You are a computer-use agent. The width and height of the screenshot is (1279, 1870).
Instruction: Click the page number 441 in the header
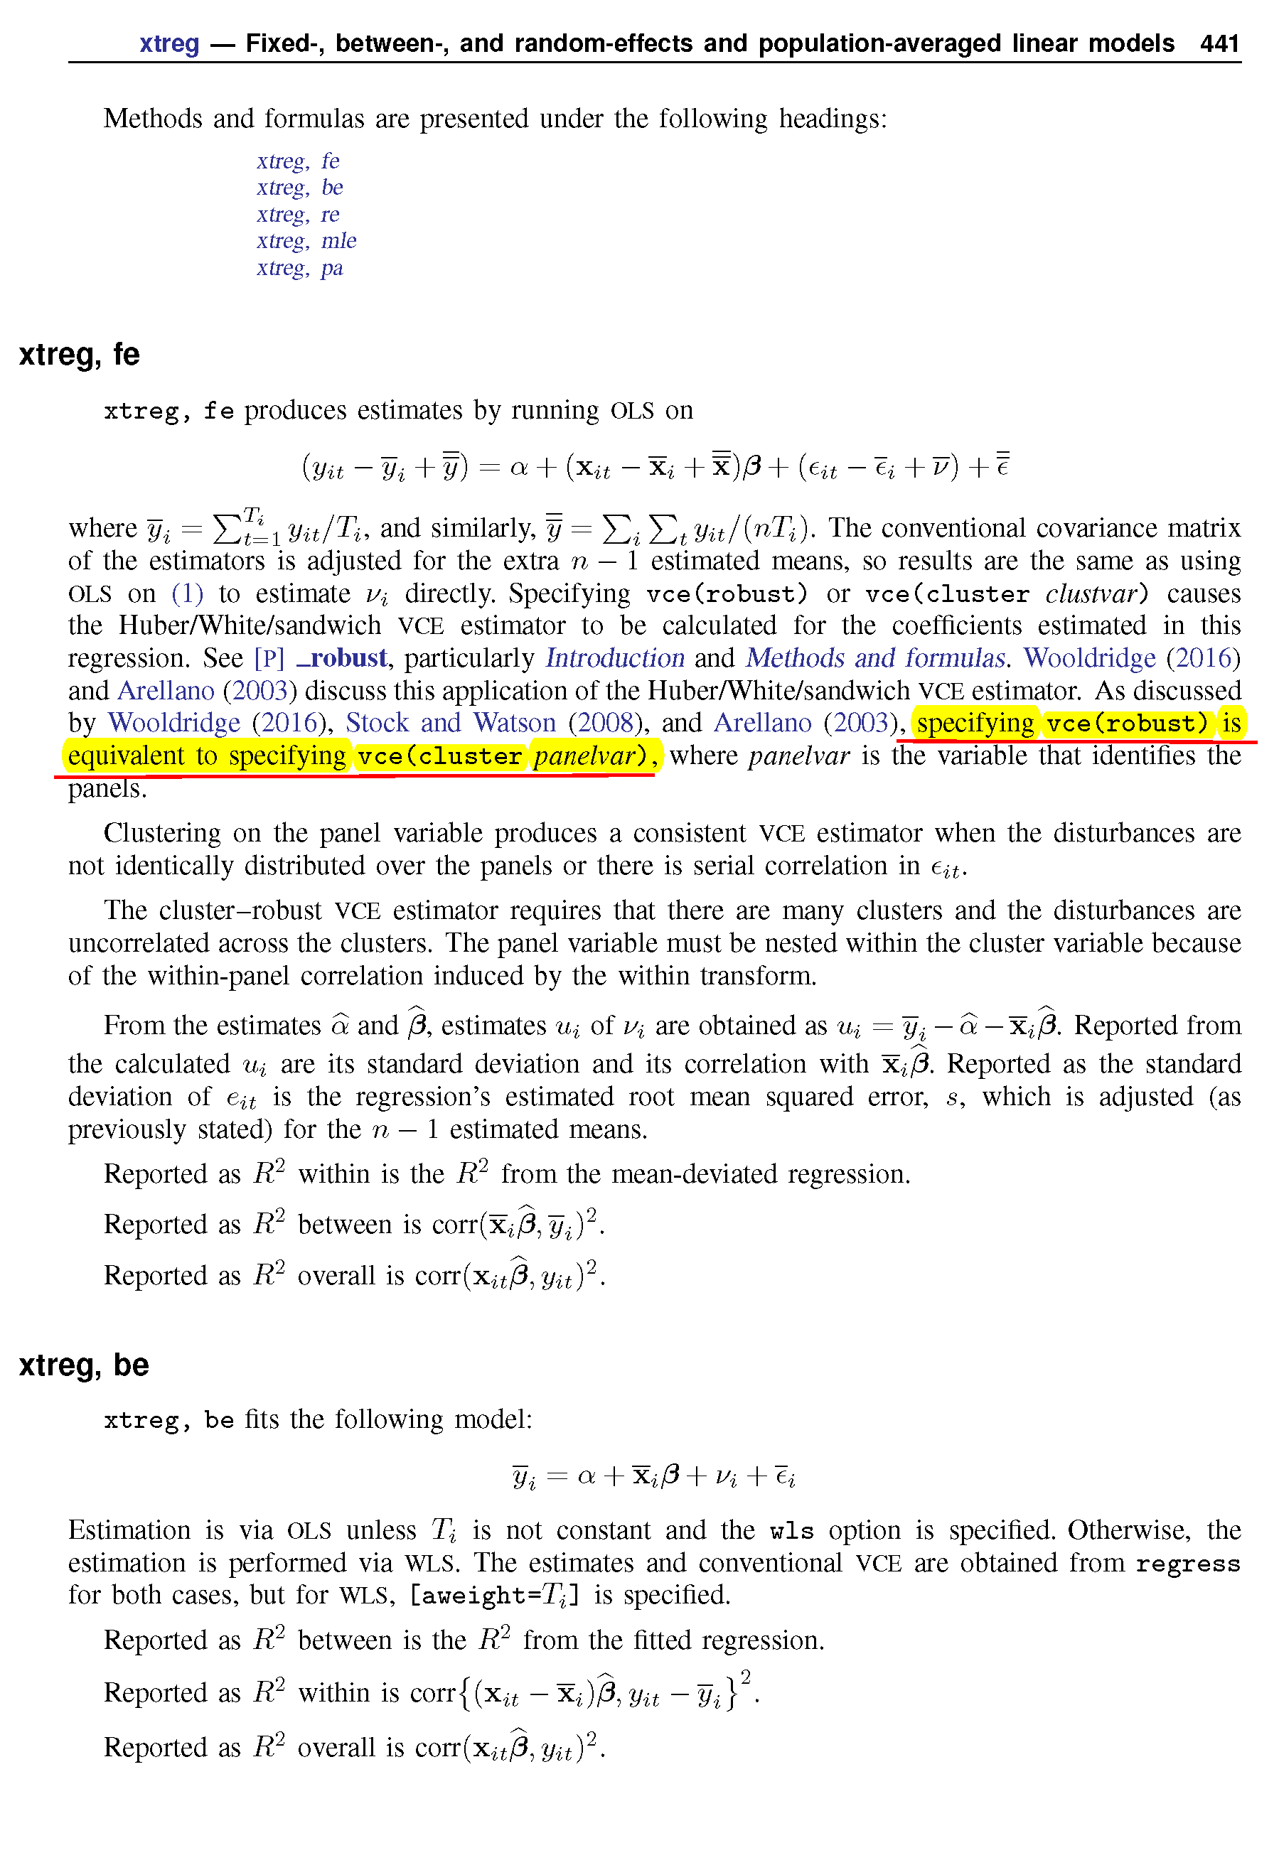[1219, 43]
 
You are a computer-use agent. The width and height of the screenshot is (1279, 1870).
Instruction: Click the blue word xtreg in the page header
[169, 43]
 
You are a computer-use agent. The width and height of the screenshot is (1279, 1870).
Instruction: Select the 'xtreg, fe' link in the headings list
[298, 161]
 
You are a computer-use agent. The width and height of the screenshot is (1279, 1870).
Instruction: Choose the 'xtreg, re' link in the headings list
[298, 215]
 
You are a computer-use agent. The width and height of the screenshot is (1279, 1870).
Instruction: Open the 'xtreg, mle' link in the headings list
[306, 242]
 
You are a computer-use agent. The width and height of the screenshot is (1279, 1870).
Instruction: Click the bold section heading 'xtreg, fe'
[79, 354]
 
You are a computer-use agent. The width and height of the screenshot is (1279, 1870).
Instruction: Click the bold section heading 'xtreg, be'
[84, 1365]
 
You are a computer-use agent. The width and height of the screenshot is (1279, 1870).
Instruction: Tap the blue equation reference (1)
[187, 593]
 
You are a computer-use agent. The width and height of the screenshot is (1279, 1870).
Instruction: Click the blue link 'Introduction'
[614, 658]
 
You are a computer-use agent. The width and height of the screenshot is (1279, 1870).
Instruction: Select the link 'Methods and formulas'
[876, 658]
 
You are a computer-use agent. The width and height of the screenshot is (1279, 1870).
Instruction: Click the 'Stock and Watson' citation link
[451, 723]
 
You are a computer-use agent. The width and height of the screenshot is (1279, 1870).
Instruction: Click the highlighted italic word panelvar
[584, 756]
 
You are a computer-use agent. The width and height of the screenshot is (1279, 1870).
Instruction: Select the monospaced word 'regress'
[1187, 1563]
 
